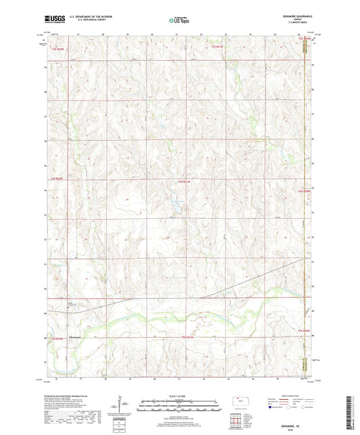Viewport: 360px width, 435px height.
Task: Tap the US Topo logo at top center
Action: coord(178,20)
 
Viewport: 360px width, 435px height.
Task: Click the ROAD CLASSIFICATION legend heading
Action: coord(295,395)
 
